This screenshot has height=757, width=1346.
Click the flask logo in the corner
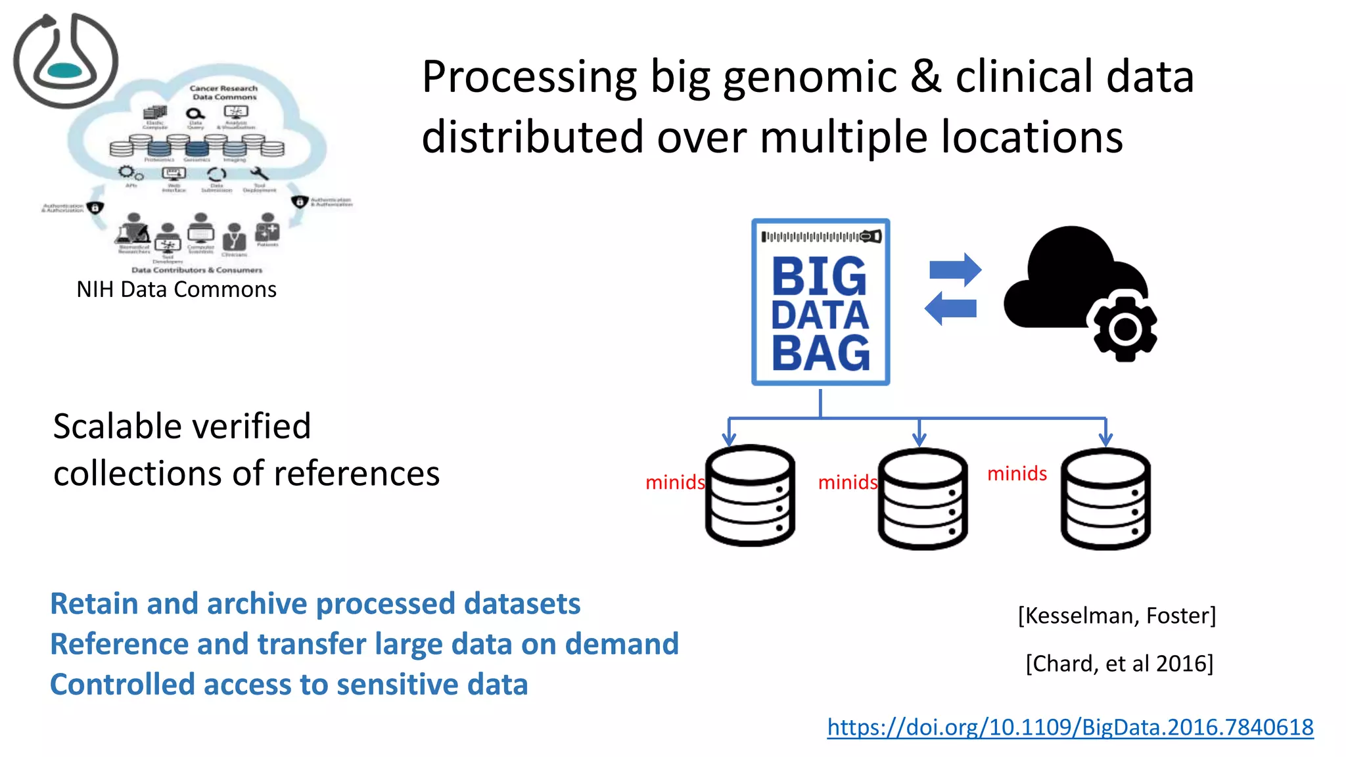[65, 60]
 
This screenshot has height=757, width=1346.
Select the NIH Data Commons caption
[176, 290]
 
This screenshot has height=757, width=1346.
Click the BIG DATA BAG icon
[820, 302]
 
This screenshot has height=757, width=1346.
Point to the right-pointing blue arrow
[955, 269]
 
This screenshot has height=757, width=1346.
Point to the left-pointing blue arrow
[950, 308]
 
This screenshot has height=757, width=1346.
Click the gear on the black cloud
[1125, 328]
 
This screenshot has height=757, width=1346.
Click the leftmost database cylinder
[750, 495]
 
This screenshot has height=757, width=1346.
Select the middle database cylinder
[922, 498]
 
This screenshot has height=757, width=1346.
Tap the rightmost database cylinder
[1105, 498]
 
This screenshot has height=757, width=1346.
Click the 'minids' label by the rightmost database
[1017, 474]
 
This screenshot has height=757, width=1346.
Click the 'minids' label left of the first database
[674, 483]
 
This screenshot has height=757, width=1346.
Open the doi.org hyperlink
[1070, 727]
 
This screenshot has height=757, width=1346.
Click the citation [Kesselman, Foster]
[1117, 616]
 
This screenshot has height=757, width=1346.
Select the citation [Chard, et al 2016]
[1119, 664]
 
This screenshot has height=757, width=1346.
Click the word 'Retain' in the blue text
[94, 604]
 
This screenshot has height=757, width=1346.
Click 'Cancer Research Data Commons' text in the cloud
[223, 93]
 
